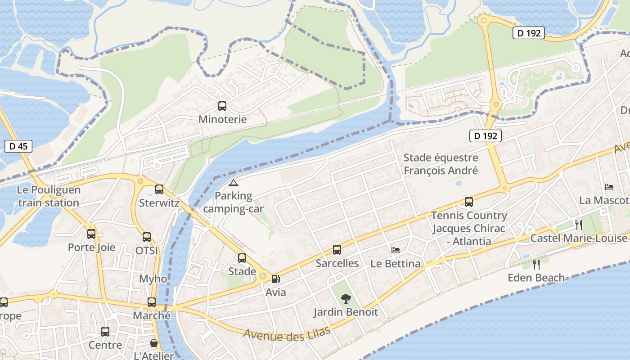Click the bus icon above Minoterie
coord(222,106)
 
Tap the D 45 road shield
coord(18,146)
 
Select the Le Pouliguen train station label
coord(49,196)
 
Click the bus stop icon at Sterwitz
coord(159,189)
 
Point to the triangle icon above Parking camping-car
coord(233,183)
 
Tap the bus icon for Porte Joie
coord(91,234)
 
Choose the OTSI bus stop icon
coord(147,237)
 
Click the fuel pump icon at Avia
coord(275,279)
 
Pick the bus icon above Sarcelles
coord(337,250)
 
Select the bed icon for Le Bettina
coord(396,250)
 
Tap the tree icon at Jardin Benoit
coord(346,298)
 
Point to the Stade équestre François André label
coord(441,164)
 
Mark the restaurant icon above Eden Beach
coord(536,264)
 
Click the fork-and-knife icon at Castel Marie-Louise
coord(579,225)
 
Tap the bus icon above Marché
coord(152,302)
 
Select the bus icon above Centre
coord(105,332)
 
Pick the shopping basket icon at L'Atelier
coord(154,343)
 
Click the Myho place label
coord(153,279)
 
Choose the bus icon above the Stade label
coord(242,258)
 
